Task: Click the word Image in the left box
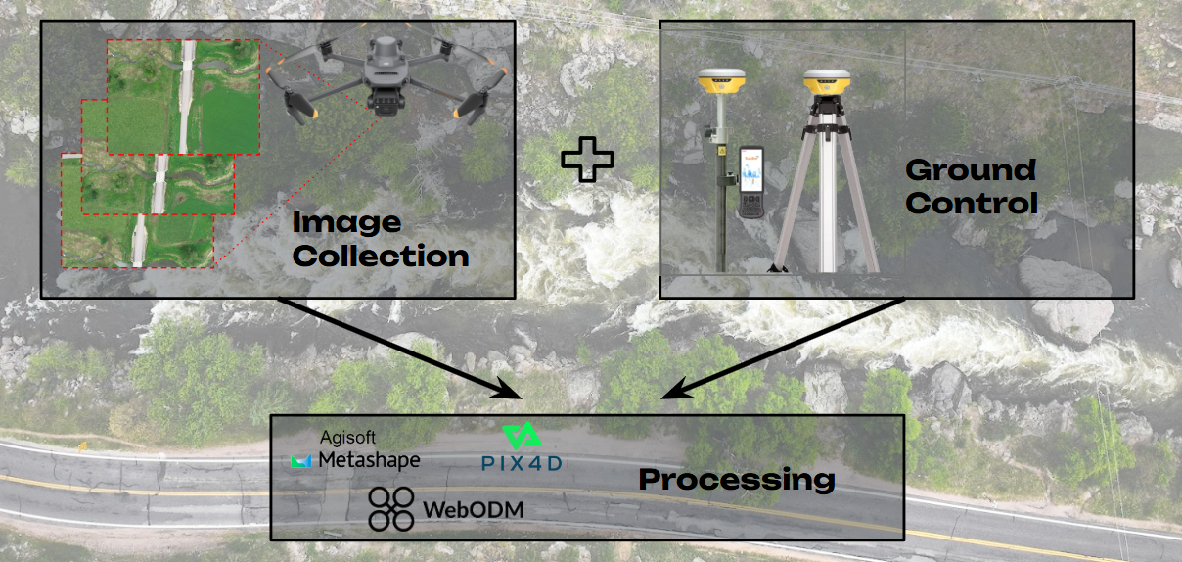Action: tap(346, 223)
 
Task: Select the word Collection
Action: tap(381, 257)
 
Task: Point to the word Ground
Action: tap(970, 170)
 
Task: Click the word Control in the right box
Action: tap(972, 204)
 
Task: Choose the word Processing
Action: tap(736, 480)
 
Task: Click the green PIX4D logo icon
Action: tap(519, 437)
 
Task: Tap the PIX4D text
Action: tap(521, 463)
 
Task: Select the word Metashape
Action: tap(368, 459)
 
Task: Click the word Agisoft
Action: tap(348, 438)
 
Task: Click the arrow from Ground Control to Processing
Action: tap(783, 348)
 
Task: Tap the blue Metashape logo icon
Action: tap(301, 460)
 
